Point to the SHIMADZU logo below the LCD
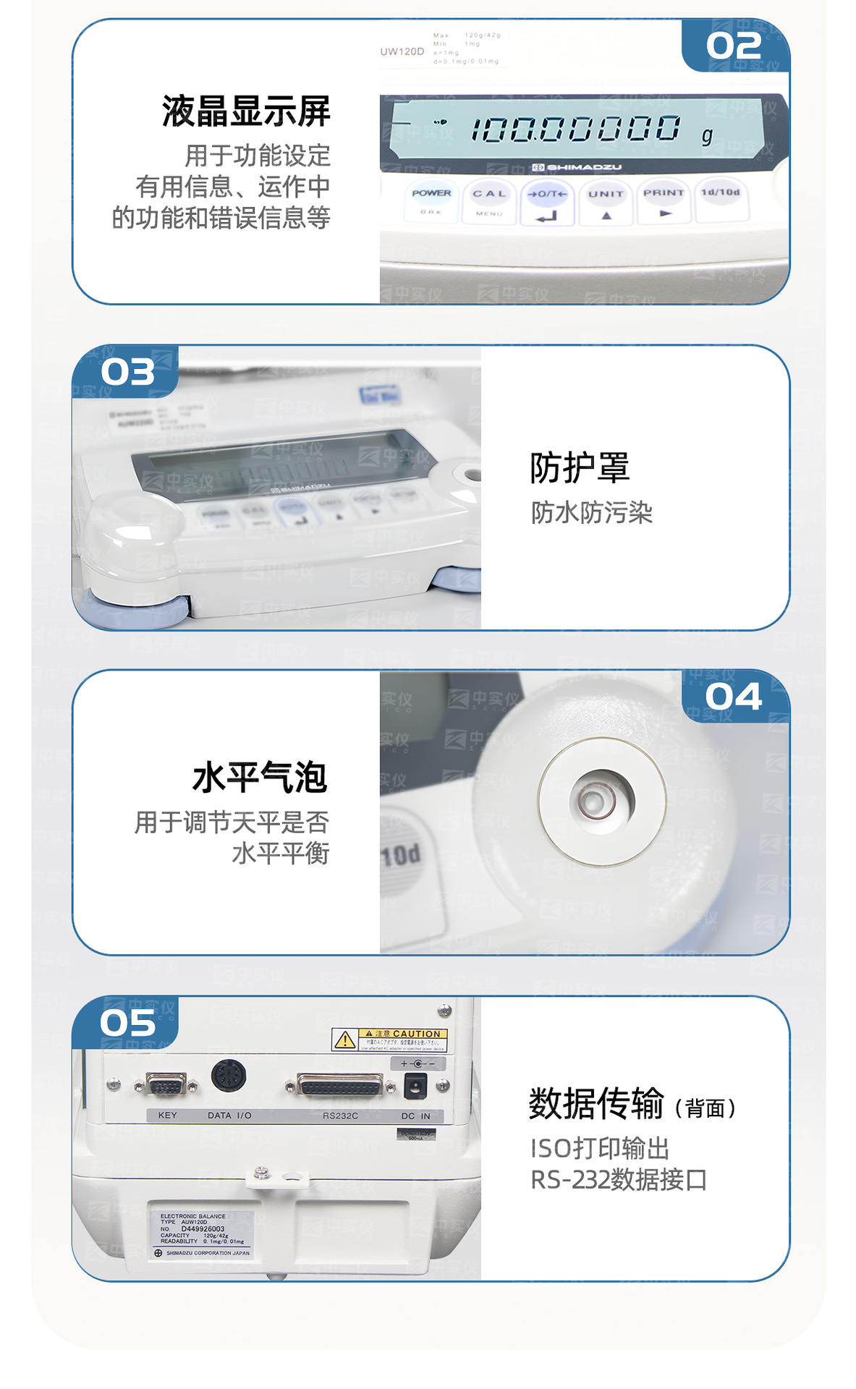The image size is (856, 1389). tap(577, 167)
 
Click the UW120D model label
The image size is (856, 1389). tap(402, 51)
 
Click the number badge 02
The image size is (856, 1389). tap(734, 46)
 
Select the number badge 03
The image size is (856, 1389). tap(128, 372)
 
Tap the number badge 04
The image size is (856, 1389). tap(734, 697)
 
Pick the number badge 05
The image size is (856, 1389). tap(128, 1023)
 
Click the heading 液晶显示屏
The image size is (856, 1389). tap(246, 111)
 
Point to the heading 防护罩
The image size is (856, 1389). tap(580, 467)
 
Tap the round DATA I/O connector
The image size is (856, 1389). tap(229, 1076)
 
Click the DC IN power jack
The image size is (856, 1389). tap(415, 1084)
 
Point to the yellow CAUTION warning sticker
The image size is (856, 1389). tap(389, 1040)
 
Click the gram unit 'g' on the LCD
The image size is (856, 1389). tap(707, 135)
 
